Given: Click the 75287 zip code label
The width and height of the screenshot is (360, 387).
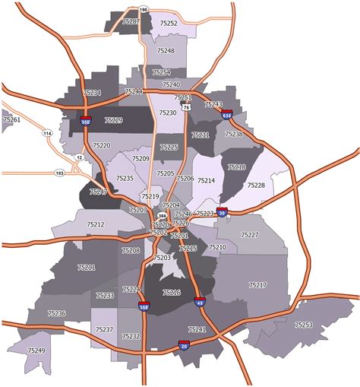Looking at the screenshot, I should pyautogui.click(x=131, y=22).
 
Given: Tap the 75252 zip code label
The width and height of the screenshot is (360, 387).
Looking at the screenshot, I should pyautogui.click(x=169, y=24).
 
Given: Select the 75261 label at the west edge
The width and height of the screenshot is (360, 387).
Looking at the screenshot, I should pyautogui.click(x=11, y=119).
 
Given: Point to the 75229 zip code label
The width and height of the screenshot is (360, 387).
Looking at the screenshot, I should pyautogui.click(x=114, y=120).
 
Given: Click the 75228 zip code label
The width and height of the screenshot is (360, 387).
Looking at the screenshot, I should pyautogui.click(x=257, y=186).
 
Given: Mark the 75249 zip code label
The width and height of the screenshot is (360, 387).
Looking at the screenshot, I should pyautogui.click(x=36, y=351).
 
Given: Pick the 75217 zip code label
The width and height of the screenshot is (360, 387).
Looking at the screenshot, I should pyautogui.click(x=257, y=285).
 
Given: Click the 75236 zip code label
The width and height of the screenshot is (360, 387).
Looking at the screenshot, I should pyautogui.click(x=57, y=313).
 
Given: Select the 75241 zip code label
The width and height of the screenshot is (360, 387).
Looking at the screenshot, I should pyautogui.click(x=197, y=329).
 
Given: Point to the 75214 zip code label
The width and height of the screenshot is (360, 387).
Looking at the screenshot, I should pyautogui.click(x=206, y=181).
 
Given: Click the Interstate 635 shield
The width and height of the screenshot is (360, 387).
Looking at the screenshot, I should pyautogui.click(x=227, y=115).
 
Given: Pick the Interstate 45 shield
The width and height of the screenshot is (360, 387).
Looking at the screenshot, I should pyautogui.click(x=199, y=302).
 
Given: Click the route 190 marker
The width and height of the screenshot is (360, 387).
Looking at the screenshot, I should pyautogui.click(x=144, y=10).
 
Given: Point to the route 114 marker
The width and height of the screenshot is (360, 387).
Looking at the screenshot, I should pyautogui.click(x=47, y=134).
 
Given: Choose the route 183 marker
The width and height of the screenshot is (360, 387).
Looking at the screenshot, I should pyautogui.click(x=58, y=173).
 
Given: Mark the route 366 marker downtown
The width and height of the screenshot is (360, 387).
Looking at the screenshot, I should pyautogui.click(x=162, y=216).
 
